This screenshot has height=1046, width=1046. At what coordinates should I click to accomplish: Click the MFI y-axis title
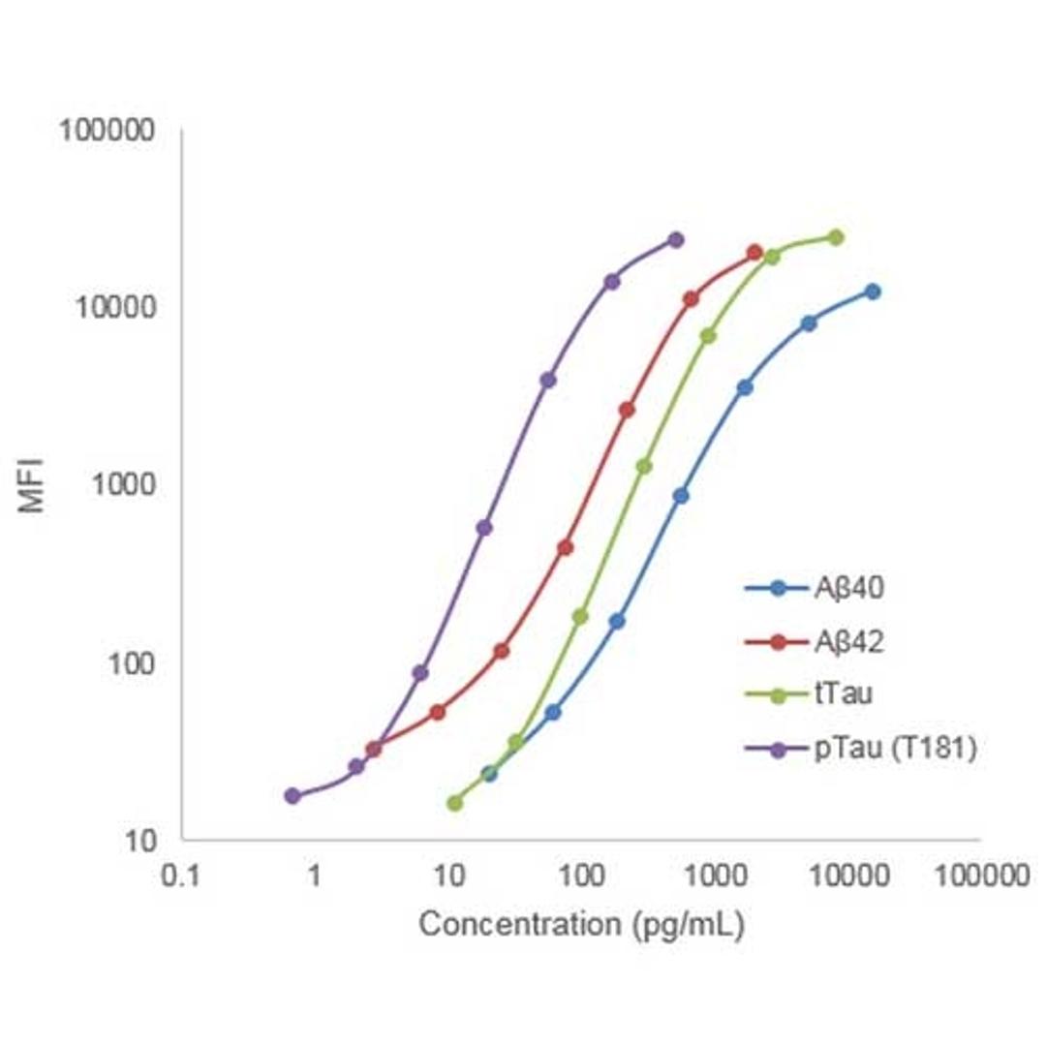click(33, 484)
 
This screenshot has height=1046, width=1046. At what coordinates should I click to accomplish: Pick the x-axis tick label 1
click(314, 878)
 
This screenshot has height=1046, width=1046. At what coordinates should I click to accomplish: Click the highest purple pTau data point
click(676, 239)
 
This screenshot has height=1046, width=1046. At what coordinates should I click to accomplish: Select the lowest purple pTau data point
click(292, 796)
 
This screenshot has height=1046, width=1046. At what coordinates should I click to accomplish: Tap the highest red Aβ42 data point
click(755, 253)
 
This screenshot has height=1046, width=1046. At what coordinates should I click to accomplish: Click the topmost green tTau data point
click(836, 237)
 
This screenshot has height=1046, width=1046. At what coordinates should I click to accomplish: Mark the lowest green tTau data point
click(455, 803)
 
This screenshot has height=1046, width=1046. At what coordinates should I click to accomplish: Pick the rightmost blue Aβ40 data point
click(873, 292)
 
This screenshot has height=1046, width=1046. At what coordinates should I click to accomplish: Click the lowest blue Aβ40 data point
click(490, 774)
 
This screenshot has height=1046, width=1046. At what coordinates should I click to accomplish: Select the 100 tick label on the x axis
click(581, 878)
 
